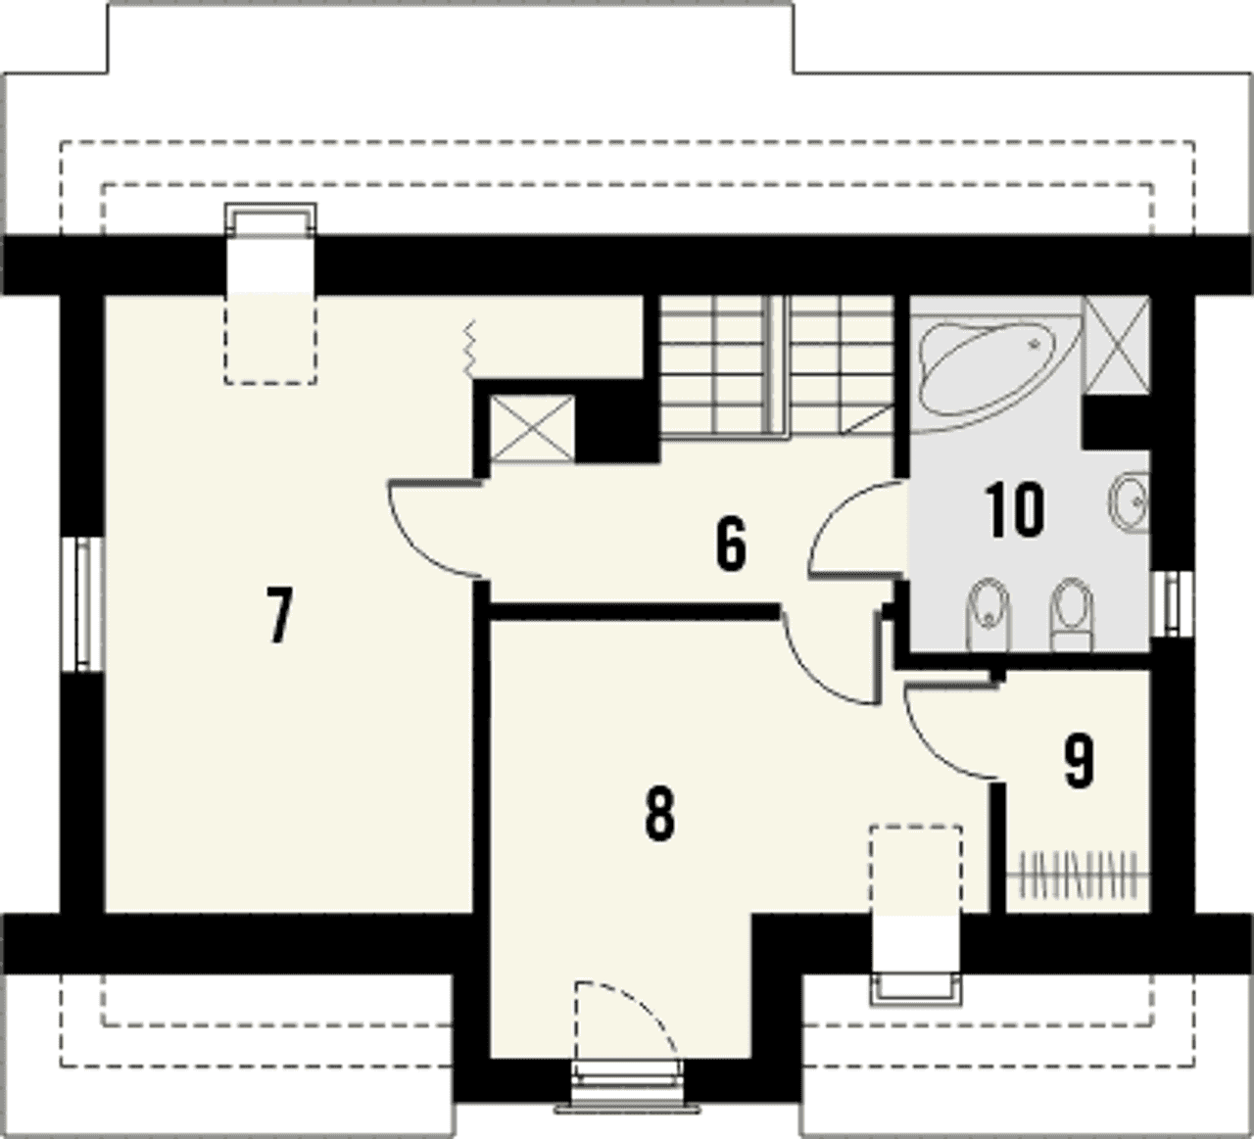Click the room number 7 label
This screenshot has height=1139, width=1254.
pos(279,614)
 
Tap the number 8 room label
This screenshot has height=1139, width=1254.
pos(659,814)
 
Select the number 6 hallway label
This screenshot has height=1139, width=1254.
pos(732,544)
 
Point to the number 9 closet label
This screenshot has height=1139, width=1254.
pos(1080,760)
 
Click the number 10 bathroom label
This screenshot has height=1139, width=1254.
pos(1014,510)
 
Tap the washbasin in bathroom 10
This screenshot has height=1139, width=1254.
pos(1131,500)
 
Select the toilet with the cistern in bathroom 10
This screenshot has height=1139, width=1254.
pos(1072,616)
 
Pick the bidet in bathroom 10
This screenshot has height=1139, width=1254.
pos(989,614)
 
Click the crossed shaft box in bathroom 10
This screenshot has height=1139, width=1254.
pos(1117,345)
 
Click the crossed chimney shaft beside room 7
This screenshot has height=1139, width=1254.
pos(531,428)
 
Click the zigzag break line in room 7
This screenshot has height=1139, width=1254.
pos(469,349)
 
